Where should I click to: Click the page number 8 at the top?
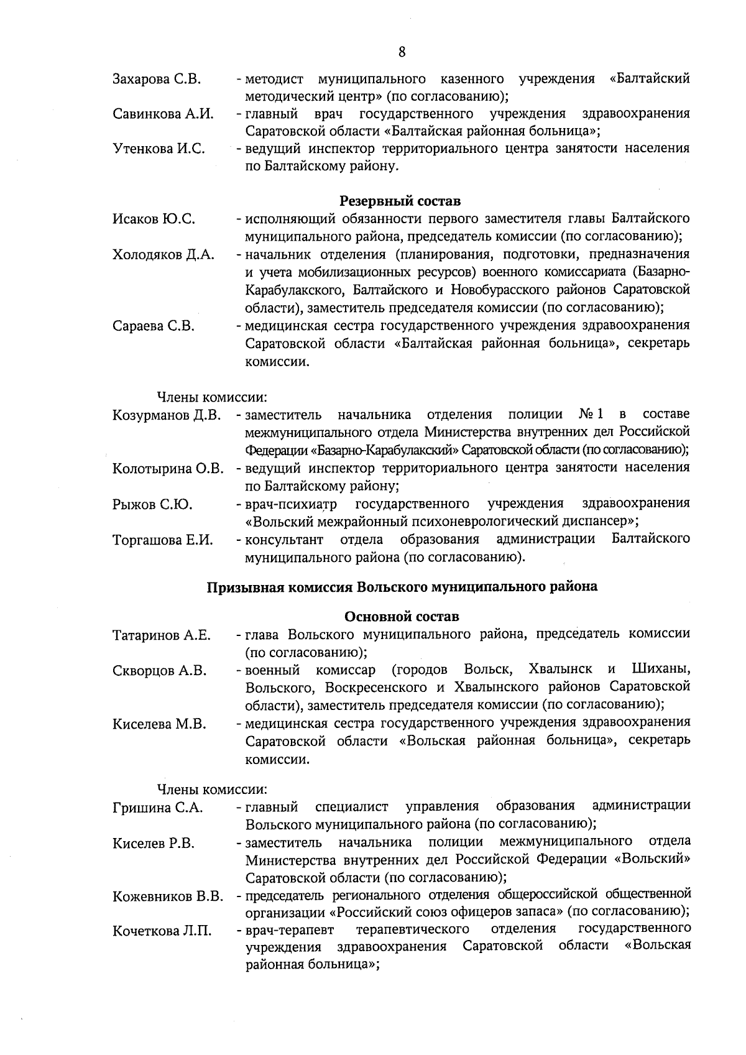(402, 52)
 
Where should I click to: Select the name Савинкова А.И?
(163, 114)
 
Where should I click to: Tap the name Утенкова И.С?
(159, 149)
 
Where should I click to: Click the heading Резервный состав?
(400, 201)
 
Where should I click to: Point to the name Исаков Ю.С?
(154, 219)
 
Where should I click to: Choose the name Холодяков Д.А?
(163, 255)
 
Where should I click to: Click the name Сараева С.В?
(153, 326)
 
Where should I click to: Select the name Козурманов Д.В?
(167, 415)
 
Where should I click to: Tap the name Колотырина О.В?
(168, 468)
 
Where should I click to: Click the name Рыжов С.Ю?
(152, 504)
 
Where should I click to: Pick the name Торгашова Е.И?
(163, 540)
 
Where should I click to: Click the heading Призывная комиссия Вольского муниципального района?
(402, 586)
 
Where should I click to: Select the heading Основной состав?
(402, 617)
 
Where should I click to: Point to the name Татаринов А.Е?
(162, 635)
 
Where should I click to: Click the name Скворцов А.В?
(159, 670)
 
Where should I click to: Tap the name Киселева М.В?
(159, 724)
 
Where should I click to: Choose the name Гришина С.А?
(157, 808)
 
